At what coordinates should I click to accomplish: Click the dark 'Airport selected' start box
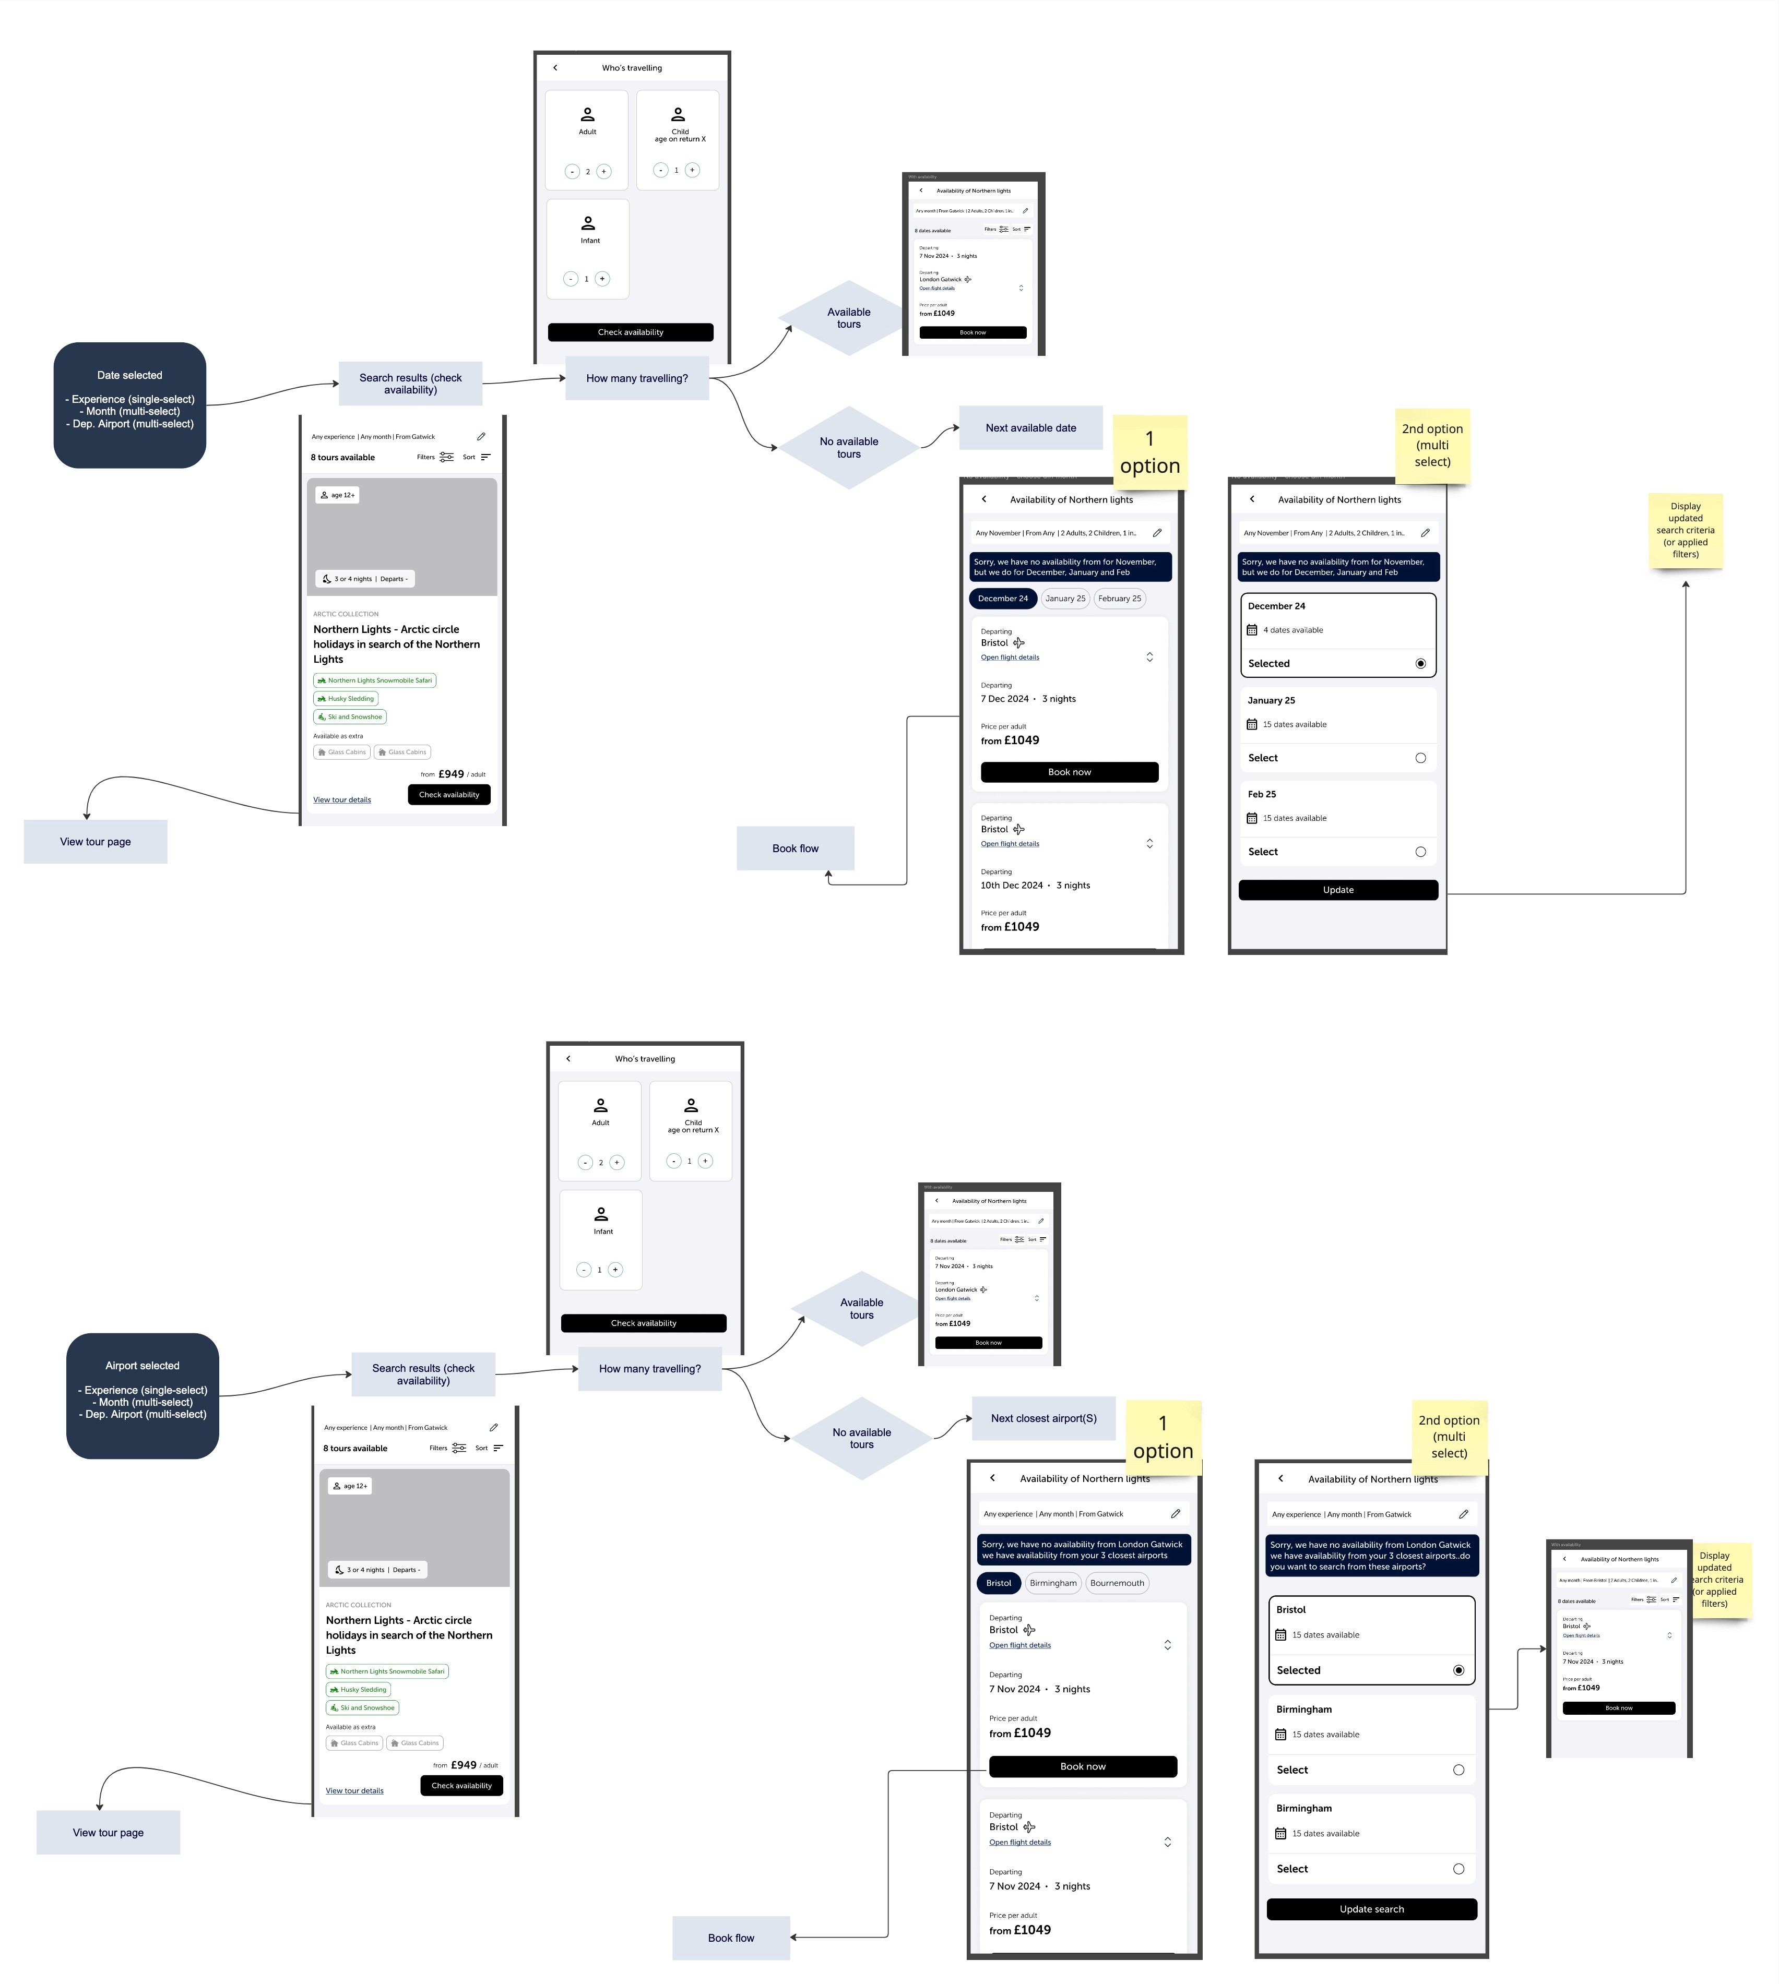(x=143, y=1395)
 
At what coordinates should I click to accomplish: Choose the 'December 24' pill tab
(x=1003, y=598)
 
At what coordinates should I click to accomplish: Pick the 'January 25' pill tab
(x=1064, y=598)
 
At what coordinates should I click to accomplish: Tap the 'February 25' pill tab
(x=1119, y=598)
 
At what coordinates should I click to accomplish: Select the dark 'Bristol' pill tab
(x=998, y=1582)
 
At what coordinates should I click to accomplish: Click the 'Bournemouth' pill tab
(x=1116, y=1582)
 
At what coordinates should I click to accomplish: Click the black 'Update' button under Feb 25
(x=1338, y=889)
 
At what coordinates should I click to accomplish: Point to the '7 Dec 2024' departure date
(x=1005, y=699)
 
